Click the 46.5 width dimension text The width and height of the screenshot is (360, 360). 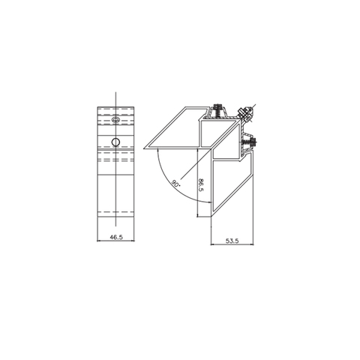(x=115, y=236)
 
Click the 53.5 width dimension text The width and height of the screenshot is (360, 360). (x=231, y=241)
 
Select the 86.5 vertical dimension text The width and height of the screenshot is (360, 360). (x=200, y=187)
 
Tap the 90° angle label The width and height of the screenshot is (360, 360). (x=175, y=183)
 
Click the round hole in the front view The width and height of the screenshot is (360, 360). (x=115, y=142)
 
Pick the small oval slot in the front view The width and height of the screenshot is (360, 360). (x=115, y=119)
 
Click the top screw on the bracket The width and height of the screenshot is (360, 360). (x=218, y=110)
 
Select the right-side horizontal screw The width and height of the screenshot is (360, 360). (x=250, y=140)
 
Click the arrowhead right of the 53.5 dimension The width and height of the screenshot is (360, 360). (x=255, y=246)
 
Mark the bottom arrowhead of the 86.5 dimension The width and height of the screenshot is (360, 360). (x=198, y=217)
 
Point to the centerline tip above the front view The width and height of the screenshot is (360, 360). (x=115, y=92)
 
